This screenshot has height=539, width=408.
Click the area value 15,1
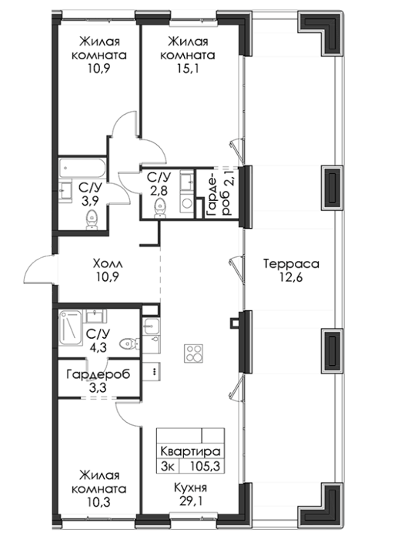pyautogui.click(x=188, y=69)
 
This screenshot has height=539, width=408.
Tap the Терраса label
pyautogui.click(x=292, y=264)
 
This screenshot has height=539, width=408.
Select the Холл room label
pyautogui.click(x=108, y=264)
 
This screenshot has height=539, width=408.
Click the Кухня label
pyautogui.click(x=190, y=487)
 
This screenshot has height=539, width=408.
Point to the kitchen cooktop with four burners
pyautogui.click(x=194, y=353)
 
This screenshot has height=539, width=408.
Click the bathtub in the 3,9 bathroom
pyautogui.click(x=82, y=169)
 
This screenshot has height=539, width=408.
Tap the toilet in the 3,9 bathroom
pyautogui.click(x=92, y=220)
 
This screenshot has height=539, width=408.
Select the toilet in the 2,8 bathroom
pyautogui.click(x=159, y=209)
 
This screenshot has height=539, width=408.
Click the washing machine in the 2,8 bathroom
pyautogui.click(x=186, y=203)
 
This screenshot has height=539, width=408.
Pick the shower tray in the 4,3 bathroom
pyautogui.click(x=71, y=327)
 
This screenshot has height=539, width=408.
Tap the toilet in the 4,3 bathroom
pyautogui.click(x=129, y=343)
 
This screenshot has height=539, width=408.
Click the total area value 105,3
pyautogui.click(x=205, y=467)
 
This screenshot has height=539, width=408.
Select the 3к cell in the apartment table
pyautogui.click(x=169, y=467)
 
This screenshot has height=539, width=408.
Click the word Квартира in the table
pyautogui.click(x=190, y=451)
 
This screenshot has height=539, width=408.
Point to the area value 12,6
pyautogui.click(x=291, y=277)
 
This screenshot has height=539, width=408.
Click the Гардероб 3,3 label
pyautogui.click(x=99, y=380)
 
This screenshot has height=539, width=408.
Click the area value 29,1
pyautogui.click(x=190, y=501)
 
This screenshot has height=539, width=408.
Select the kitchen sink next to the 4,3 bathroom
pyautogui.click(x=151, y=326)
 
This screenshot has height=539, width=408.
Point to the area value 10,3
pyautogui.click(x=99, y=502)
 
